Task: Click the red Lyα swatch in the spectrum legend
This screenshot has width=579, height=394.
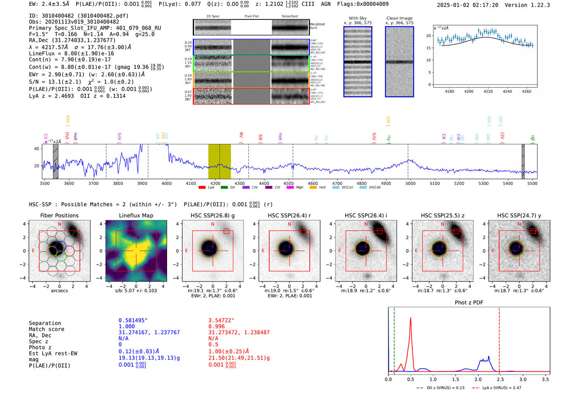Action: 202,187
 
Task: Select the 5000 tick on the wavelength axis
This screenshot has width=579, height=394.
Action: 410,183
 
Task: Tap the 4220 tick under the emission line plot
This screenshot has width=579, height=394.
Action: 488,91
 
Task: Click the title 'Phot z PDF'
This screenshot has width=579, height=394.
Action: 469,303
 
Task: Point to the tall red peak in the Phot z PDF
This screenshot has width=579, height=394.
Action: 410,318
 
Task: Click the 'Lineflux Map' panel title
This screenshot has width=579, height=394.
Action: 136,215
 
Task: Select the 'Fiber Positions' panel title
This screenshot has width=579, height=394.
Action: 59,215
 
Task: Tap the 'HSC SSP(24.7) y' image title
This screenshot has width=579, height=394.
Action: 519,215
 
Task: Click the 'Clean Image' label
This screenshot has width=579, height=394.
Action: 399,18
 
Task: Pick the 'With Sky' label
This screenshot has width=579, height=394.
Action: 358,18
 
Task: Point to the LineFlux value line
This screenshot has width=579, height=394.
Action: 72,53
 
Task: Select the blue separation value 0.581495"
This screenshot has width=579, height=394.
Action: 133,320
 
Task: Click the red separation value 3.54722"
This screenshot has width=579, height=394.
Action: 221,320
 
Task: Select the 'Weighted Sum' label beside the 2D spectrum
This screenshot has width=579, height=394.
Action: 317,26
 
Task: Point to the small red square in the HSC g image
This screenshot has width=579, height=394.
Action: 226,231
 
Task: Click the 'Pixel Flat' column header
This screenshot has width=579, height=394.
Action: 251,16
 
